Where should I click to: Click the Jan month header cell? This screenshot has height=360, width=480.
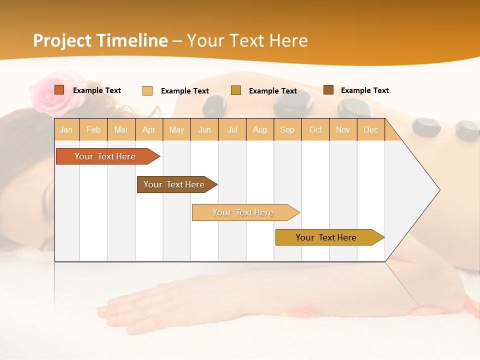point(66,129)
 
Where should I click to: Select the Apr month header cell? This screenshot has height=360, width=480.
point(149,129)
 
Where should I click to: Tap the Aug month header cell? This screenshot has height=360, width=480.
point(260,129)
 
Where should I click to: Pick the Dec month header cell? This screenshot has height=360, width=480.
point(370,129)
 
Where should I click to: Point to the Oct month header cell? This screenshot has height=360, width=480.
point(315,129)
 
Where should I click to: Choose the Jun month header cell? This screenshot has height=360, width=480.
point(204,129)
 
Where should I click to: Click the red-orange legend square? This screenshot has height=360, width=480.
point(59,90)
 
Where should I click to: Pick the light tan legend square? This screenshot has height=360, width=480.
point(147,90)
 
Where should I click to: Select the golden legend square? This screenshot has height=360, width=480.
point(236,90)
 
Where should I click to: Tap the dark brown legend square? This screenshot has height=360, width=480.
point(328,90)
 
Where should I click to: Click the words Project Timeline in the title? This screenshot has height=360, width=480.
point(100,40)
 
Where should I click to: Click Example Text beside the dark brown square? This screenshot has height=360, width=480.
point(364,90)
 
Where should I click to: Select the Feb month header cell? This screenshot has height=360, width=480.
point(93,129)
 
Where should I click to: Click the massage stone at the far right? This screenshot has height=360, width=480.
point(467,130)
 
